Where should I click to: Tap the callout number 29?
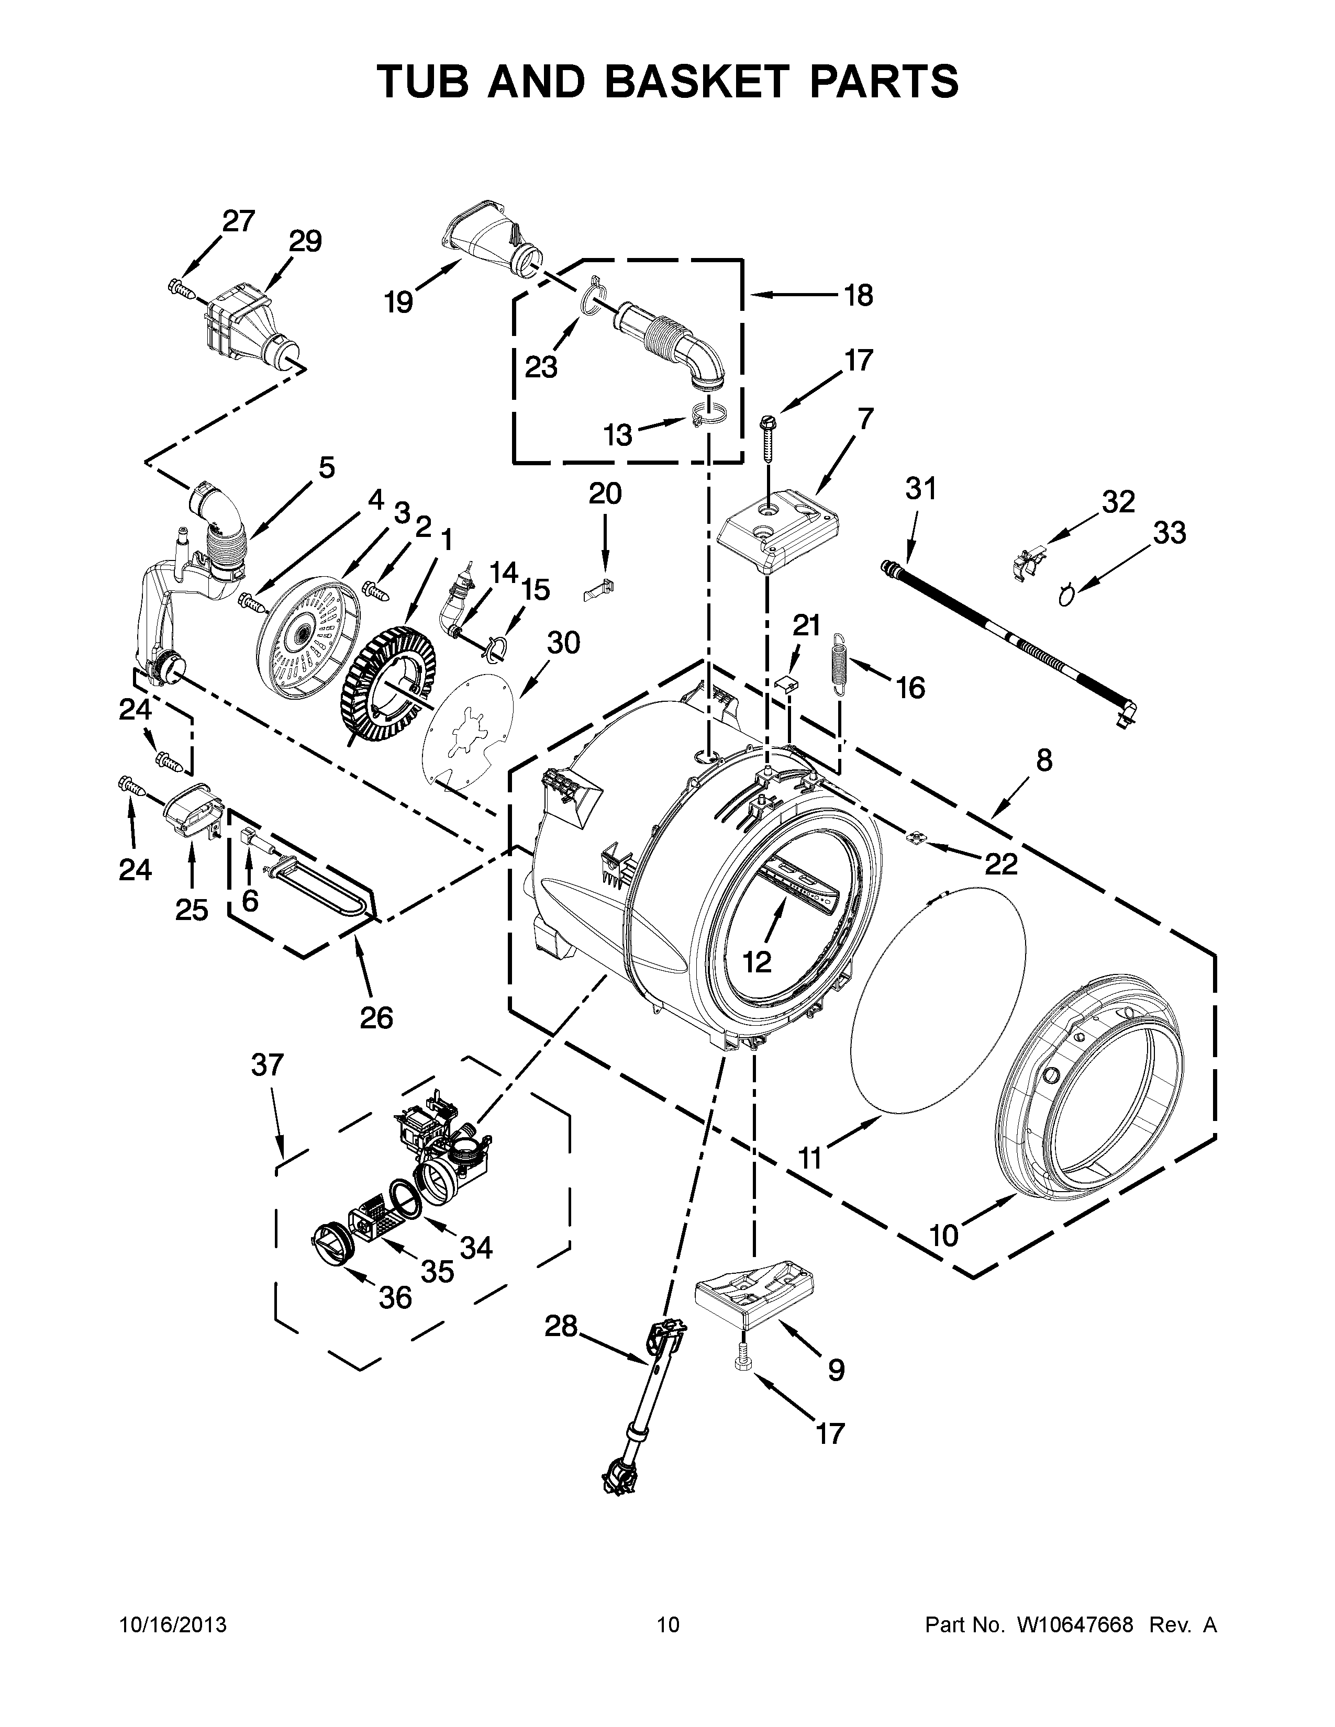click(305, 241)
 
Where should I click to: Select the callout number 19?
click(399, 302)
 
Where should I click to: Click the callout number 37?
click(268, 1066)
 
